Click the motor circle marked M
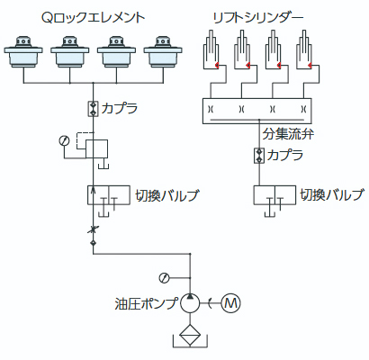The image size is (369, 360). (230, 303)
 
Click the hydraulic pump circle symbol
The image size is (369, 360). (190, 303)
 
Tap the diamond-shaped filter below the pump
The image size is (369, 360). (190, 336)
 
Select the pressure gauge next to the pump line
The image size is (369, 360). (164, 278)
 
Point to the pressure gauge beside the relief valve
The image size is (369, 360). (65, 140)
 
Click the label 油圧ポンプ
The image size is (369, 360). (146, 303)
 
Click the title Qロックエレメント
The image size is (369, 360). (93, 18)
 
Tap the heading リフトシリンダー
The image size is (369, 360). (258, 18)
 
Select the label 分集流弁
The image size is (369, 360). (288, 134)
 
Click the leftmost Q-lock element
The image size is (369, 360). (23, 52)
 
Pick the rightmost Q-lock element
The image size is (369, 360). (163, 52)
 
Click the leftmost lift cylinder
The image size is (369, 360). (211, 49)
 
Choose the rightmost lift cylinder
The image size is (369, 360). (304, 49)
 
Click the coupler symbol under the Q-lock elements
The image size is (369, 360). (93, 109)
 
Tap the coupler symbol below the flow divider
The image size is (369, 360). (259, 156)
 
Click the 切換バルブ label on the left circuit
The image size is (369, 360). (166, 195)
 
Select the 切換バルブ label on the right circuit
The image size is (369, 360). (332, 195)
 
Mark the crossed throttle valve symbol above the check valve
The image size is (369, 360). (93, 230)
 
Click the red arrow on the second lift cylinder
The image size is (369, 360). (247, 65)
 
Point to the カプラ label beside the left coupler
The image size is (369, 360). (120, 109)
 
